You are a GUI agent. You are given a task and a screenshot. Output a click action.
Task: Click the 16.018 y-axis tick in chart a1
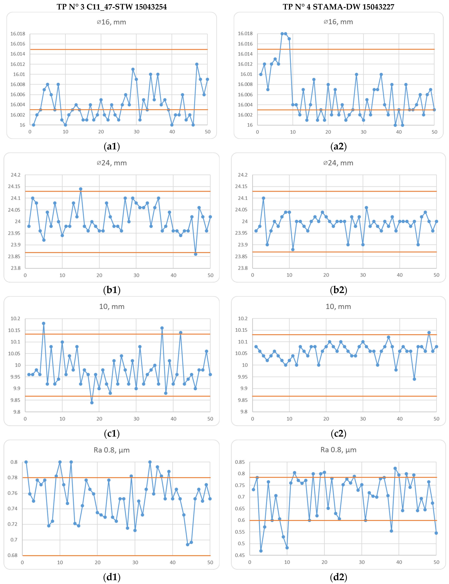click(x=18, y=34)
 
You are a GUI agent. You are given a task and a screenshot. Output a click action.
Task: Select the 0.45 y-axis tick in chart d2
click(x=240, y=555)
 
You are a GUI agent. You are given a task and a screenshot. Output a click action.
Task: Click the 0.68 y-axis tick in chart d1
click(x=13, y=555)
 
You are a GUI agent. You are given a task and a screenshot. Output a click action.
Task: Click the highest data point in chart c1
click(x=44, y=323)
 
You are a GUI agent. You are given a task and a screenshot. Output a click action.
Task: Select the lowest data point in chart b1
click(x=196, y=254)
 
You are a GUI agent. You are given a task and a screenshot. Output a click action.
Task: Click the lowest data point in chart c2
click(x=414, y=379)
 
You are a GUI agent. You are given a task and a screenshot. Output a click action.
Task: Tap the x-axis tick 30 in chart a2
click(x=364, y=132)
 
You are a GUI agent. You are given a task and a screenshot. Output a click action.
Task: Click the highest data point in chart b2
click(x=264, y=198)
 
